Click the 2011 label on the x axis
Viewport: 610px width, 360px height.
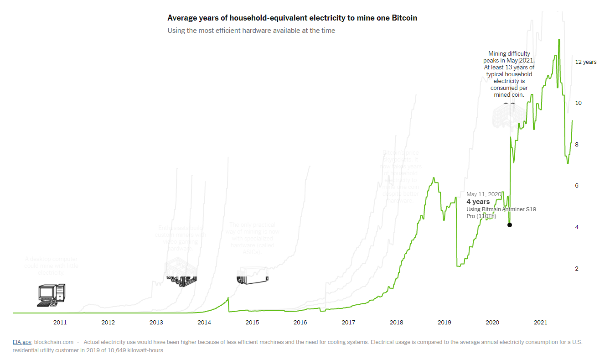tap(60, 323)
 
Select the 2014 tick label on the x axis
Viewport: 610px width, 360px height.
tap(204, 323)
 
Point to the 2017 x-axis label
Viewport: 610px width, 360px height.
tap(348, 323)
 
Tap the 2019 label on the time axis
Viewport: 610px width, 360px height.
tap(445, 323)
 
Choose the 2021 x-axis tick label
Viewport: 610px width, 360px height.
tap(540, 323)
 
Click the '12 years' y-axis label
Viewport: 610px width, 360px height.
tap(585, 62)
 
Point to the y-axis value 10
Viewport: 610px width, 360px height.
tap(579, 103)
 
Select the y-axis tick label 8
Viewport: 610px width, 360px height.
tap(577, 145)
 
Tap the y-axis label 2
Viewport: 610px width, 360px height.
tap(577, 269)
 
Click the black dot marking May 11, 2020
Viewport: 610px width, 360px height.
tap(510, 225)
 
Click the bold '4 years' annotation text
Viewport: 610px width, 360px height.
tap(478, 202)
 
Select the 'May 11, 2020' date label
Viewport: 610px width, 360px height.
tap(483, 194)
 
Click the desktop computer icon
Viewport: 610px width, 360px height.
tap(51, 295)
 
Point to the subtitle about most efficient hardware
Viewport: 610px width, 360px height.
tap(251, 31)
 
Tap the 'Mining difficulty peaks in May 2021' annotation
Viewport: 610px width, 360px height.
tap(509, 57)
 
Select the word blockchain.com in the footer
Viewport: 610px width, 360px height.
tap(54, 342)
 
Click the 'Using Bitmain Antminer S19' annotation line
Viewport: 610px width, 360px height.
tap(501, 209)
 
